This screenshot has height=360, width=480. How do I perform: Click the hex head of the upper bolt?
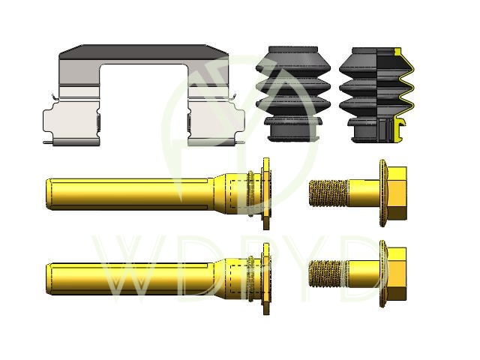397,193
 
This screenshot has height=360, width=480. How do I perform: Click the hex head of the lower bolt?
397,274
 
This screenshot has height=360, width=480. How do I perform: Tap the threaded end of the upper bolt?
328,193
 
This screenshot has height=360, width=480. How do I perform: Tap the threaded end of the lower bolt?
328,273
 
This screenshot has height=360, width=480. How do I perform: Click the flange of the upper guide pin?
266,193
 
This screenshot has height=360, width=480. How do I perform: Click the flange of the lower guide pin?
266,279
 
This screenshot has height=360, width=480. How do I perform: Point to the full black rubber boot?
293,94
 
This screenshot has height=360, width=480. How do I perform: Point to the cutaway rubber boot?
376,95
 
